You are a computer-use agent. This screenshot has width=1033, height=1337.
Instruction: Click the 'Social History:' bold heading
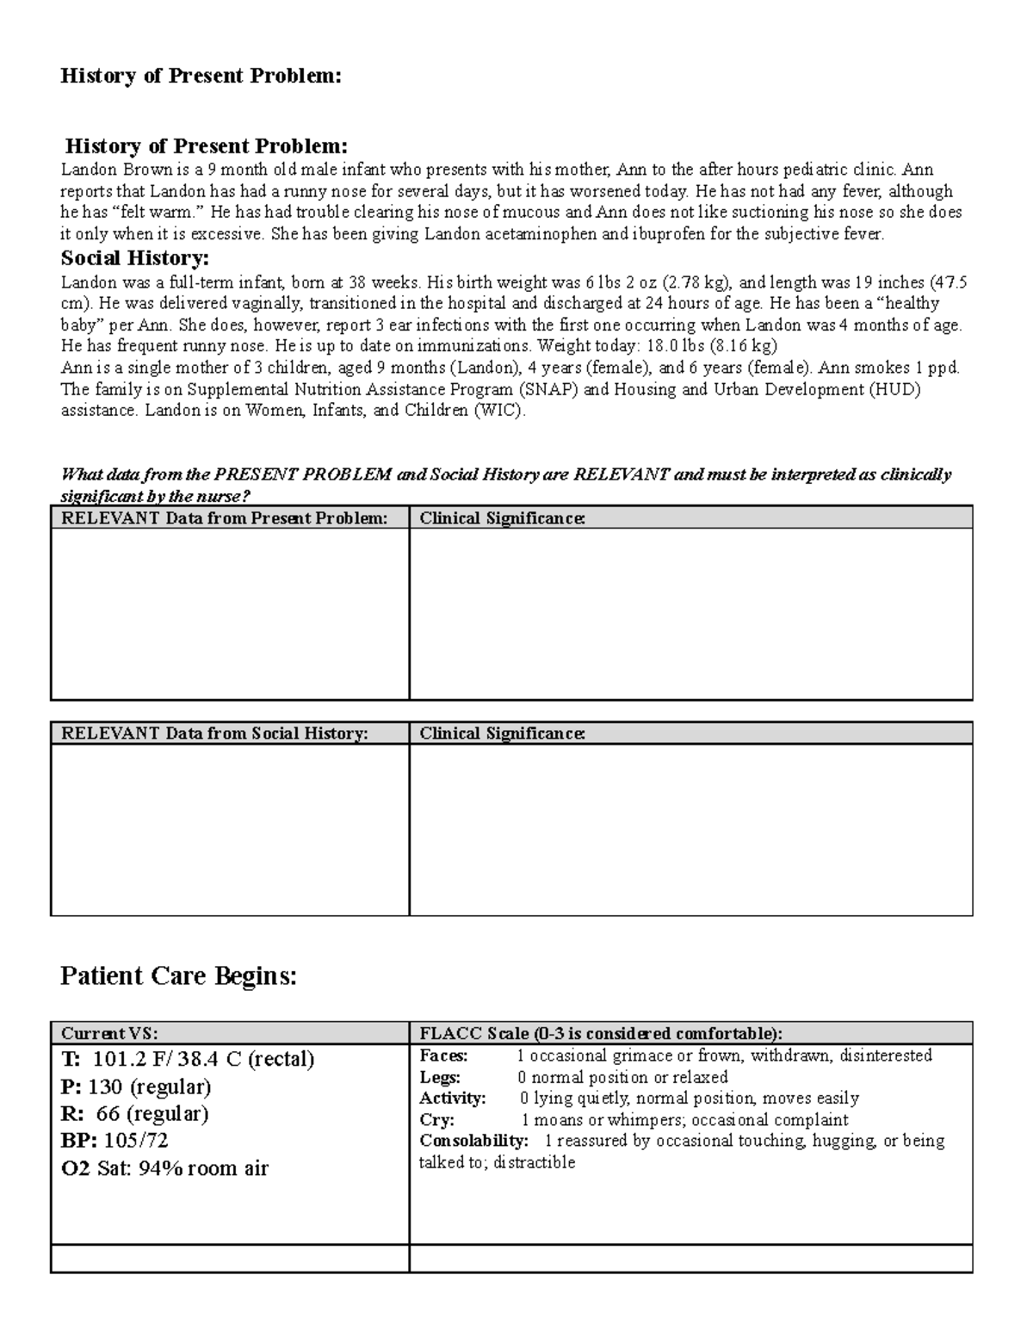tap(134, 258)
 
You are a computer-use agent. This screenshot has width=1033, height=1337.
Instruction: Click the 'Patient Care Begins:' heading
tap(178, 976)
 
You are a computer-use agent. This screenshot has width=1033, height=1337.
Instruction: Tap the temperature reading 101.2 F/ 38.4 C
tap(200, 1059)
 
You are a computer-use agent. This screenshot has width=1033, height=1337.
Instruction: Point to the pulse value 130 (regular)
tap(150, 1086)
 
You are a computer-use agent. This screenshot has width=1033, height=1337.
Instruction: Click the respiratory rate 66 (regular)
tap(152, 1114)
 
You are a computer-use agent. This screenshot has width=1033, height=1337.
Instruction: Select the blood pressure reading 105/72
tap(136, 1141)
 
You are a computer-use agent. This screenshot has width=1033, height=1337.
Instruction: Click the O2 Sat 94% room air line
tap(164, 1168)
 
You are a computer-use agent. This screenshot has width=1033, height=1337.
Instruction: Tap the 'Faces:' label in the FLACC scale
tap(443, 1055)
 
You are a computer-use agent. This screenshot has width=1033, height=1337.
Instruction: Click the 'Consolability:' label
tap(473, 1141)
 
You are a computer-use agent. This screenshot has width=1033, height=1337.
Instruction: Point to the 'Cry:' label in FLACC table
tap(436, 1120)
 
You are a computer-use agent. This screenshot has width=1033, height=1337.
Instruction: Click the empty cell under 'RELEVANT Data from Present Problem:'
tap(229, 613)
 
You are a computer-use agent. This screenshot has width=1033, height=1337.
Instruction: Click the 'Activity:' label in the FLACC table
tap(453, 1099)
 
